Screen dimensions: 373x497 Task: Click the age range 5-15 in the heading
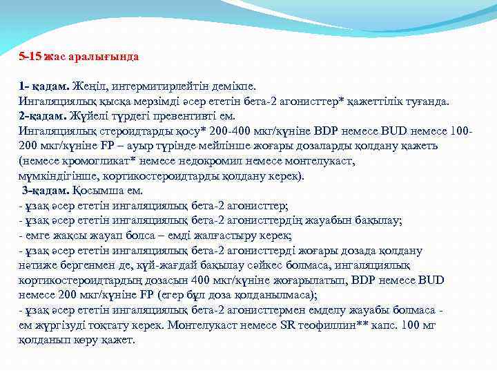pos(30,56)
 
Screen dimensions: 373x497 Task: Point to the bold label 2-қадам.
pos(43,115)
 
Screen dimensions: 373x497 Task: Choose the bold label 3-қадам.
pos(46,190)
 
